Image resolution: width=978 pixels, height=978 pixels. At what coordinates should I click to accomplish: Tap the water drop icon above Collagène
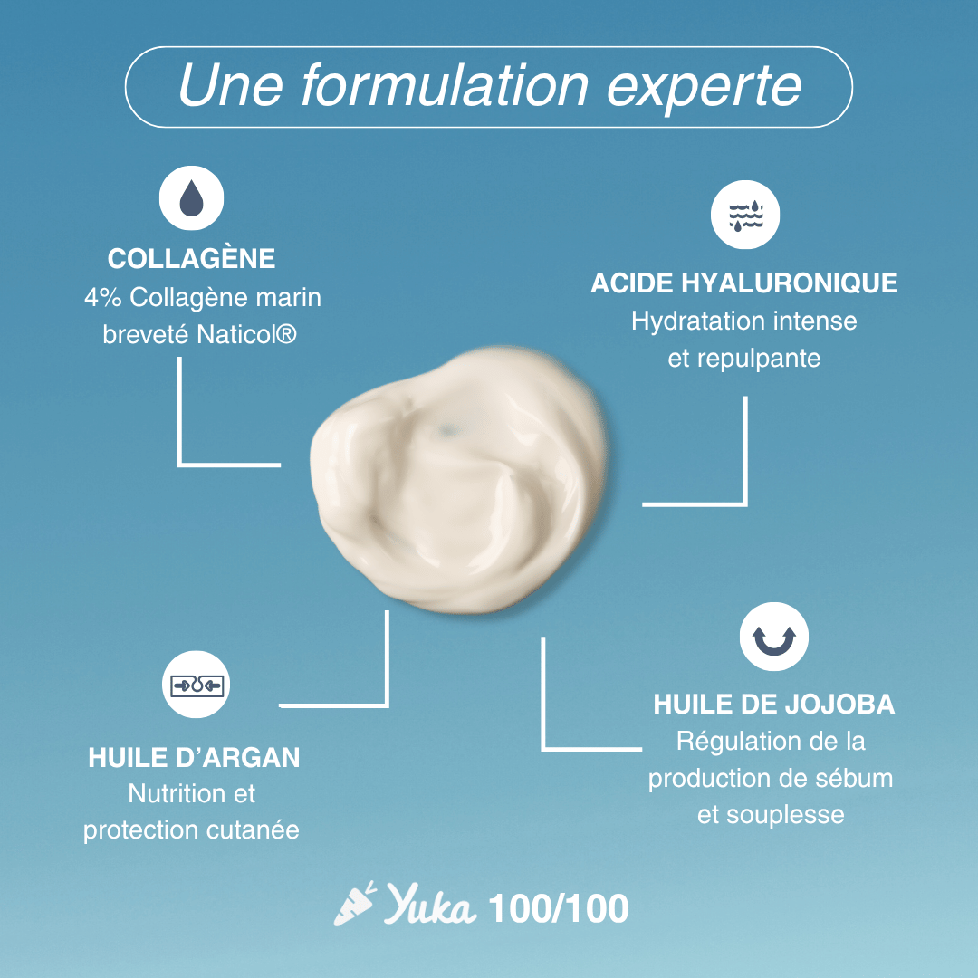(x=191, y=200)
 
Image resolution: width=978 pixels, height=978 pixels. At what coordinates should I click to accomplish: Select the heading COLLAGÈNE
(x=191, y=259)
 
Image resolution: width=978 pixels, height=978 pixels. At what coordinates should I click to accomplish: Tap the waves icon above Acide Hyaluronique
(x=745, y=215)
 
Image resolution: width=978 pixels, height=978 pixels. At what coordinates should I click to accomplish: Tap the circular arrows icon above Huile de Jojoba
(x=773, y=638)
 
